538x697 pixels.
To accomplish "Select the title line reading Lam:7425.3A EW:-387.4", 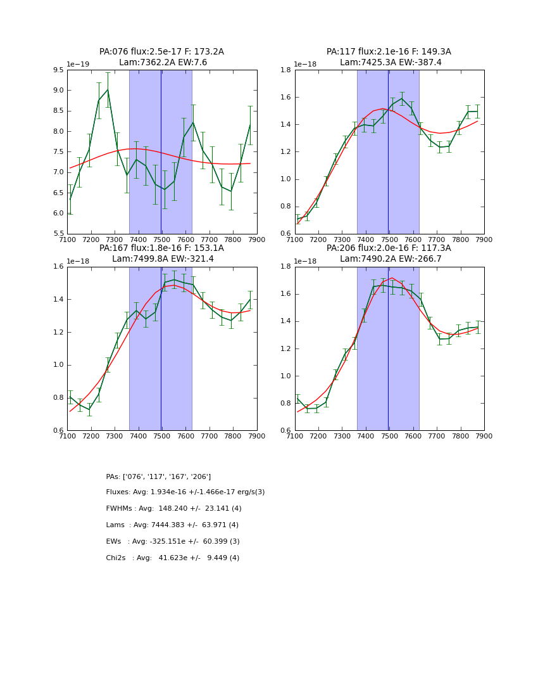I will [389, 63].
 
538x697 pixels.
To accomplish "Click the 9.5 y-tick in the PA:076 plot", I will [58, 70].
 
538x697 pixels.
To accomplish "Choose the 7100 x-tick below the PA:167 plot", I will [68, 437].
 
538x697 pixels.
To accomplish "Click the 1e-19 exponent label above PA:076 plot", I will [78, 64].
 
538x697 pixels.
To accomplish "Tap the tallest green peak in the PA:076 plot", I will [108, 89].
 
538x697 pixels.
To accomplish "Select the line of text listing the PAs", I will [158, 476].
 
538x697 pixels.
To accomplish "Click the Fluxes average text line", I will [185, 492].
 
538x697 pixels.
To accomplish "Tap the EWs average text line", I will [172, 542].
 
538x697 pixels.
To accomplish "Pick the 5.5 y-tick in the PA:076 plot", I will [58, 234].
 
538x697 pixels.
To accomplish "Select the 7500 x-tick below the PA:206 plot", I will [389, 437].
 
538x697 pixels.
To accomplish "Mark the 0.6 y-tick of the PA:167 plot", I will [58, 431].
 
